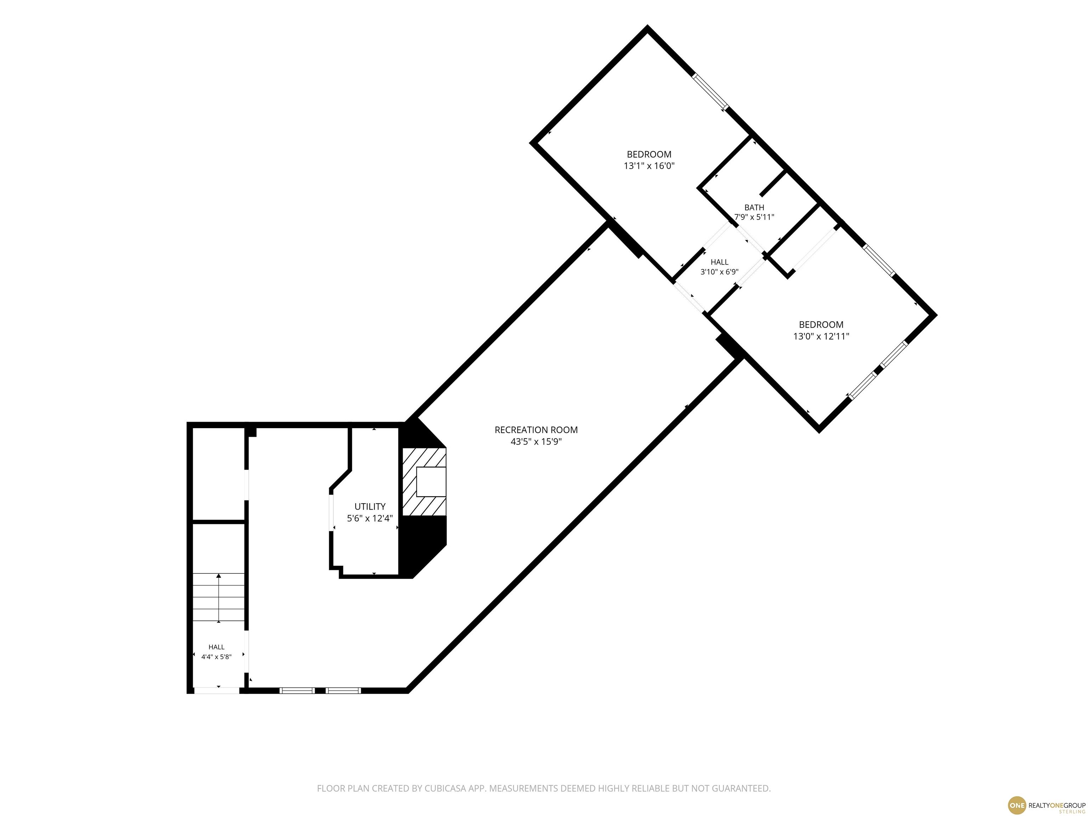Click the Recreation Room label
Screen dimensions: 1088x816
[536, 430]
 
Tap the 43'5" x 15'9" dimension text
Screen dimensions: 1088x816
[536, 442]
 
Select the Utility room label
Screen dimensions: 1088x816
[370, 506]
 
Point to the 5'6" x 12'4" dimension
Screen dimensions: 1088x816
[370, 518]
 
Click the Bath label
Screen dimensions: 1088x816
[754, 208]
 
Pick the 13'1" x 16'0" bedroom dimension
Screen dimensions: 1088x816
[649, 166]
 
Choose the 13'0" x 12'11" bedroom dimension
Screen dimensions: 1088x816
[821, 336]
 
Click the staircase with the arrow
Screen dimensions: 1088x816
[219, 597]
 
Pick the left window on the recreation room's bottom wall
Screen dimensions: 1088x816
[297, 691]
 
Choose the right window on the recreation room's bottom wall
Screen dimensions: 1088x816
[343, 691]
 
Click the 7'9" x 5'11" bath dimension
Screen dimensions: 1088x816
[754, 217]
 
